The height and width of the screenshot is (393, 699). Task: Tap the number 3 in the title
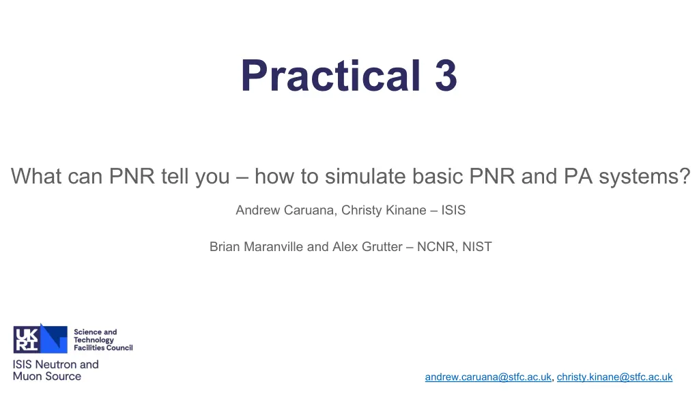coord(446,76)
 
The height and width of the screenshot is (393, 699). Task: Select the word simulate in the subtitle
coord(365,176)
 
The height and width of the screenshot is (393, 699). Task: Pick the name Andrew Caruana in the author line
coord(285,210)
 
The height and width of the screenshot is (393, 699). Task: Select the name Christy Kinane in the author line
coord(384,210)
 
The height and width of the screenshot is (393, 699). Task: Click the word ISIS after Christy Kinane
coord(453,210)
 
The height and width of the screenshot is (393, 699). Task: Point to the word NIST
coord(477,247)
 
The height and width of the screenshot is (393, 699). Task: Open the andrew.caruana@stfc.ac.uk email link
coord(488,377)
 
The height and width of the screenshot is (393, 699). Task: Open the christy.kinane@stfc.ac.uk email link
coord(615,377)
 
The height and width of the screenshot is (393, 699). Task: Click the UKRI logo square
coord(27,340)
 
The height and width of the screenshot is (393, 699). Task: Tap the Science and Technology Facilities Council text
coord(103,340)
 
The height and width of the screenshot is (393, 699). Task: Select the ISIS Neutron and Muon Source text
coord(56,370)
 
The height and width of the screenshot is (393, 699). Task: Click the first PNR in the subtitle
coord(132,176)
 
